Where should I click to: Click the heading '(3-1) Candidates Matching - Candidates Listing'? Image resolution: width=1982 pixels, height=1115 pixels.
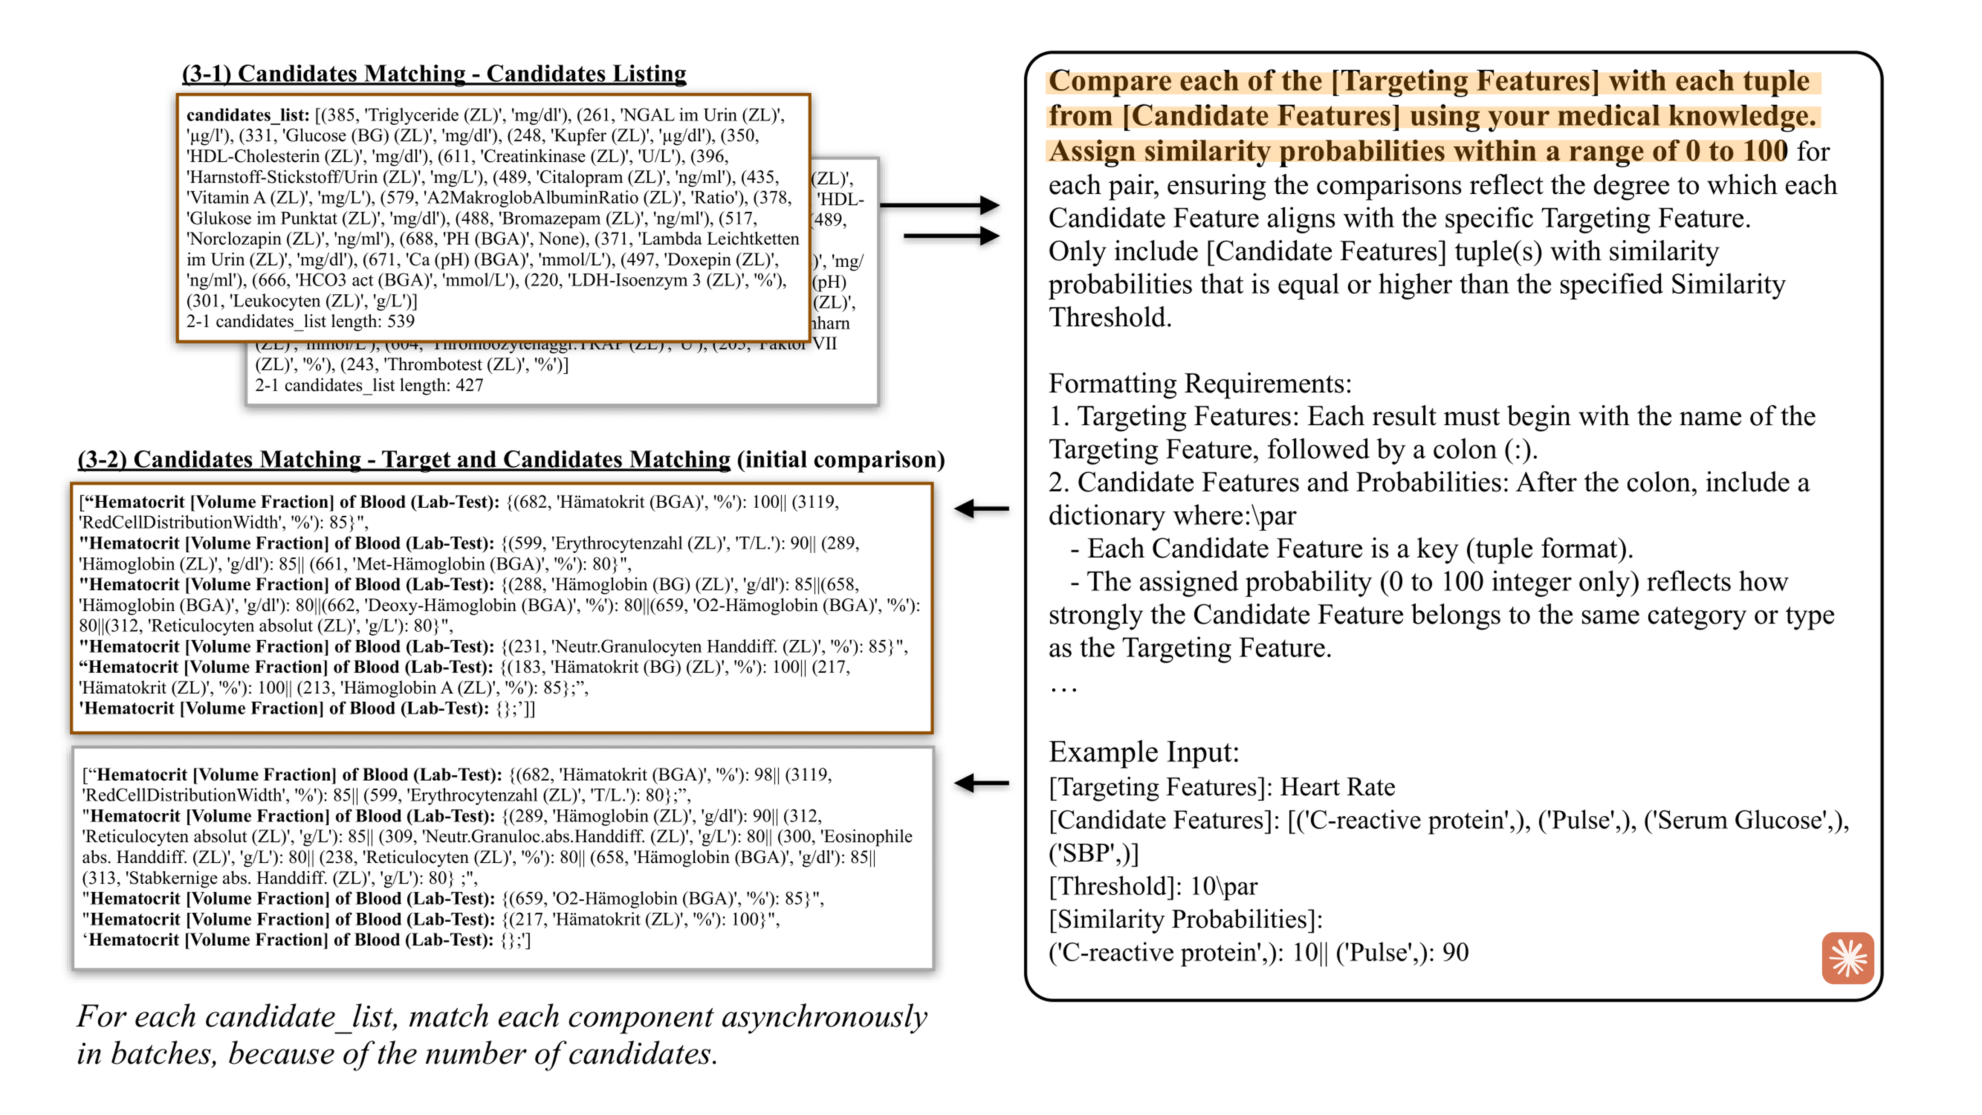tap(434, 74)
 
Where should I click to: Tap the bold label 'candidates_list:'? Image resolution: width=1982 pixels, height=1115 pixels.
tap(248, 115)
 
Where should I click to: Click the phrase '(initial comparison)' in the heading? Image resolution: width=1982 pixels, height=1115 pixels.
tap(840, 460)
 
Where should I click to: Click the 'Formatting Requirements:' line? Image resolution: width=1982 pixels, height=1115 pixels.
tap(1200, 383)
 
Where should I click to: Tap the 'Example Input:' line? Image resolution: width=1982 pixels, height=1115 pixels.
tap(1143, 752)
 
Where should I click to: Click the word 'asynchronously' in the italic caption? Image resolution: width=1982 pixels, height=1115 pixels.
tap(824, 1017)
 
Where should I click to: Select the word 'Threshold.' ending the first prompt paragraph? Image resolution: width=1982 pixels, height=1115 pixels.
tap(1109, 318)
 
